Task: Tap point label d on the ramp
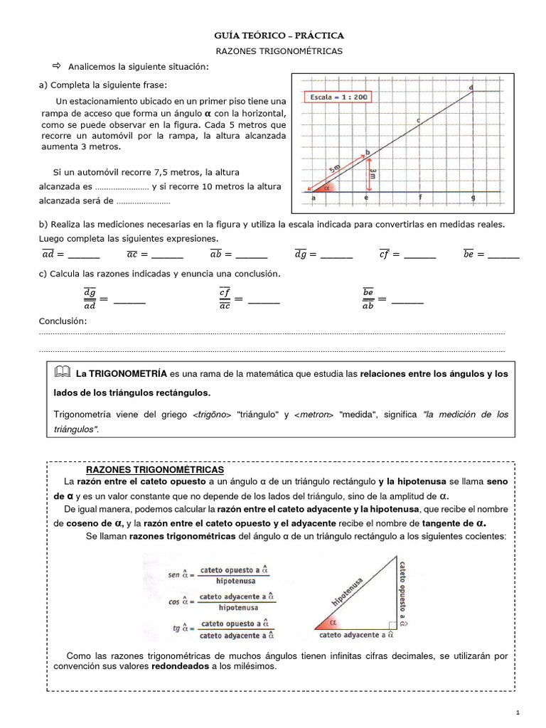[x=471, y=87]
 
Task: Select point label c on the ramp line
[x=418, y=120]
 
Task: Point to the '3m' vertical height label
[x=373, y=173]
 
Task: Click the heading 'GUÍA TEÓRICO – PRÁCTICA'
[x=279, y=35]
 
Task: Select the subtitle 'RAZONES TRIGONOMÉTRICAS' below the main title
[x=279, y=51]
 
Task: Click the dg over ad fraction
[x=89, y=299]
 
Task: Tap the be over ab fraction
[x=368, y=299]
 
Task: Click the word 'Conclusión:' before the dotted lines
[x=63, y=321]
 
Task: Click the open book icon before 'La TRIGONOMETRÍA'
[x=63, y=373]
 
